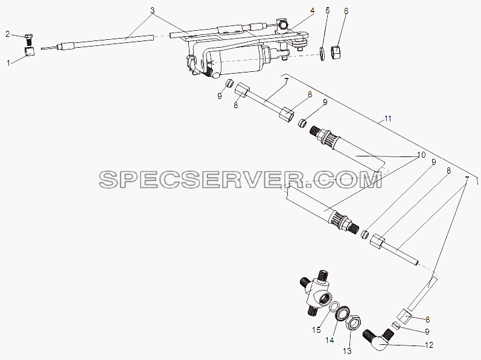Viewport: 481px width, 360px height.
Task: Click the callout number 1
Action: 8,63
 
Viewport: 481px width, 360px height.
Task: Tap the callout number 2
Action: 8,34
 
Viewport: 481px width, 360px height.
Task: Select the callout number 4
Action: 312,11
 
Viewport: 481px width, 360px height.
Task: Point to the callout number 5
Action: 328,11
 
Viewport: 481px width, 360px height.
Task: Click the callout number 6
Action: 346,11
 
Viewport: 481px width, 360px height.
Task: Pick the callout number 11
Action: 388,118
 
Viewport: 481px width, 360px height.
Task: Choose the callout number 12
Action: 430,345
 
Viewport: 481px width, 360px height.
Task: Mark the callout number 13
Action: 347,352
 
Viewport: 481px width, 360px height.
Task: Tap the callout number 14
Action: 330,340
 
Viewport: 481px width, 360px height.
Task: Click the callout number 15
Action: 316,330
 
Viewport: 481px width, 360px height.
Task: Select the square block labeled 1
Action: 29,51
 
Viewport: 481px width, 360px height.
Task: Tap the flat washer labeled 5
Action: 323,54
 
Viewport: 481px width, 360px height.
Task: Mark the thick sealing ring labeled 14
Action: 343,313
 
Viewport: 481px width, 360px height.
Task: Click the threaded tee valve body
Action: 316,292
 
